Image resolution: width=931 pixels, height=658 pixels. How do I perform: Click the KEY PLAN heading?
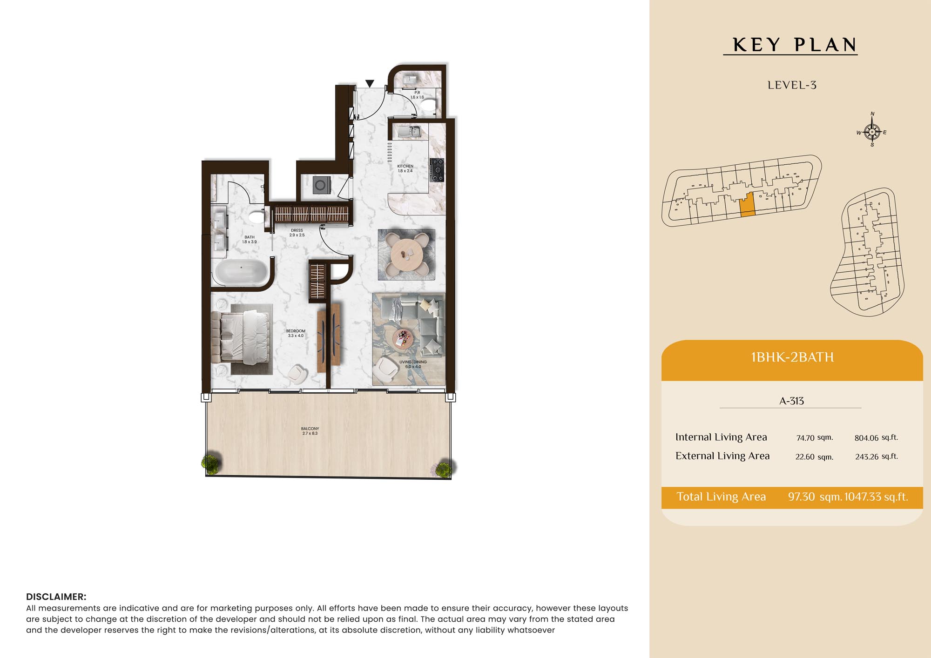[795, 45]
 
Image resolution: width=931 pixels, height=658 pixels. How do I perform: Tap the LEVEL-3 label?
[792, 85]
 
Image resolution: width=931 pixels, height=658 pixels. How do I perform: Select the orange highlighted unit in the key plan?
[747, 205]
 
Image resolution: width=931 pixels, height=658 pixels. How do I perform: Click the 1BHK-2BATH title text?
[792, 357]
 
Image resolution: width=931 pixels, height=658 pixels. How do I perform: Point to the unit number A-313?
[791, 401]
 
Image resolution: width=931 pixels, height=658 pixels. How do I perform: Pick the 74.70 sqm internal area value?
[815, 438]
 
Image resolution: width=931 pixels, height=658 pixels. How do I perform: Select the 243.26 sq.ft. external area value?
[877, 457]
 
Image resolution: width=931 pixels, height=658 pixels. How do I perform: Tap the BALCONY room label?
[310, 431]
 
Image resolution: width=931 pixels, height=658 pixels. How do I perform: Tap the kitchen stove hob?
[437, 170]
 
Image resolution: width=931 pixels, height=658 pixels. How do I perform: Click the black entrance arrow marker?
[370, 83]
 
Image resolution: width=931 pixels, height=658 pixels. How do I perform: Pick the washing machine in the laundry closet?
[322, 185]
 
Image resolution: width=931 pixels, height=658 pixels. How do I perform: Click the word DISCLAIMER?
[56, 597]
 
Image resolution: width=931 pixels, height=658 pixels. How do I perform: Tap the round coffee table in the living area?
[402, 338]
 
